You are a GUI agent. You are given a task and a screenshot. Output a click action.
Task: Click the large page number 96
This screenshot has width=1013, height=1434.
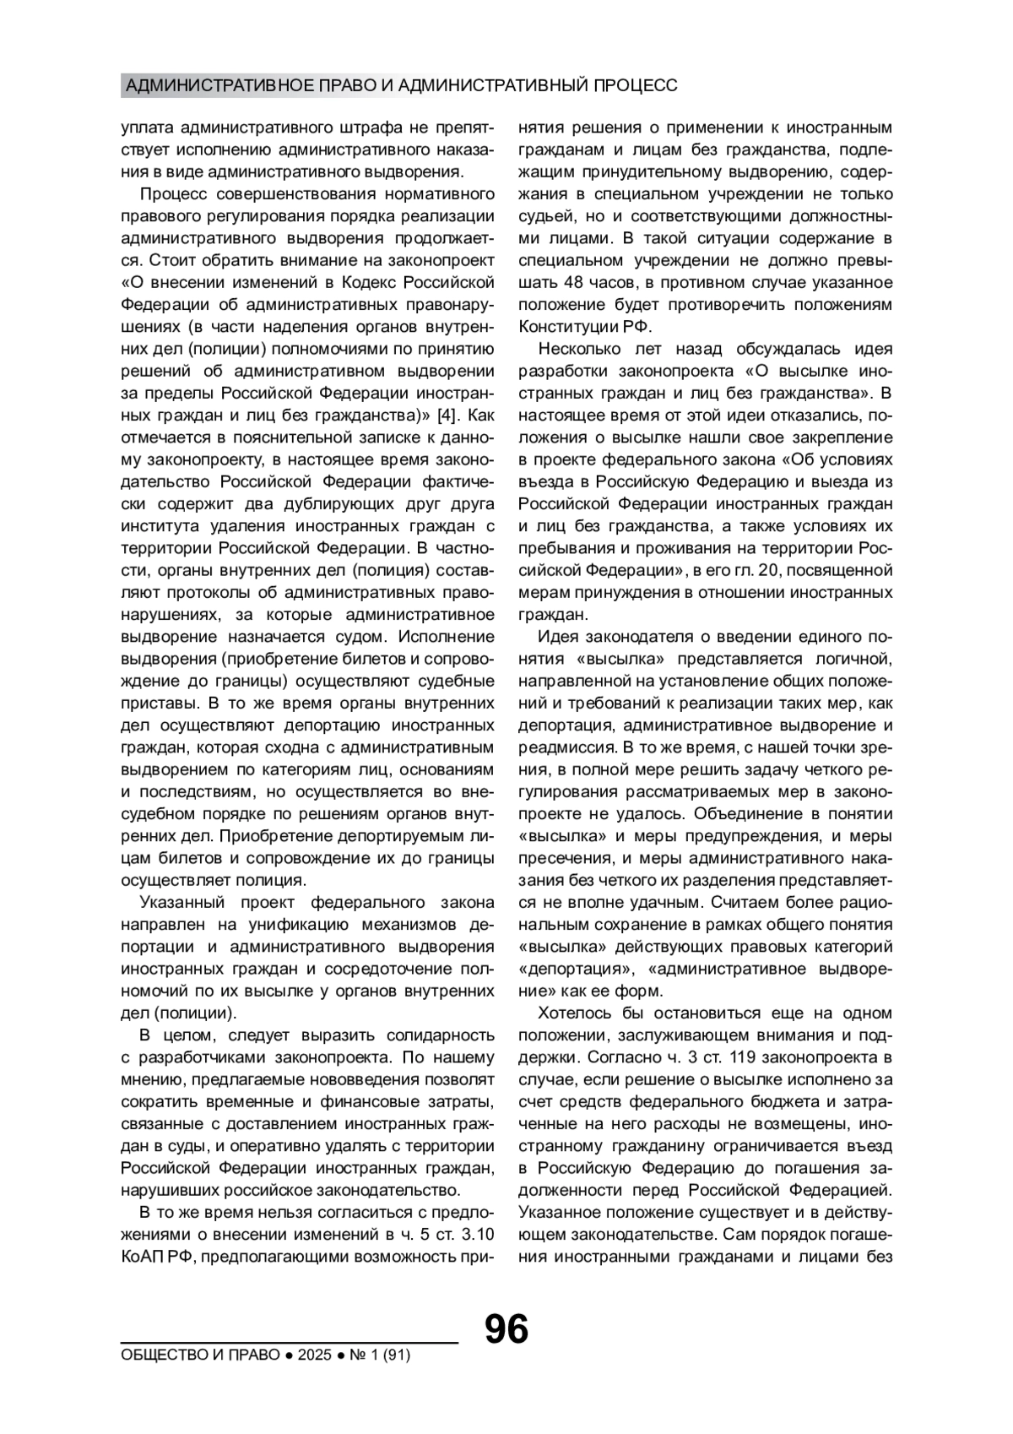pyautogui.click(x=506, y=1329)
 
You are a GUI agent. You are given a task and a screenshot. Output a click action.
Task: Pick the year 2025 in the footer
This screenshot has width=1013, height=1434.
pyautogui.click(x=314, y=1355)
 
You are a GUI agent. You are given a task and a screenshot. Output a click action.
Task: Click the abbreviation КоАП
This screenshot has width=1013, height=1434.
pyautogui.click(x=142, y=1256)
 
